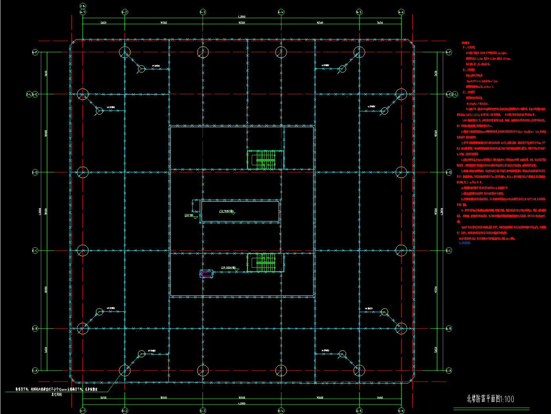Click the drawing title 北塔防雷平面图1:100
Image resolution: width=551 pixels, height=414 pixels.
pyautogui.click(x=490, y=399)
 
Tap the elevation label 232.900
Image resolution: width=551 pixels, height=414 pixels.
pyautogui.click(x=226, y=211)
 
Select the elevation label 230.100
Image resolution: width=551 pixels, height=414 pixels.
pyautogui.click(x=189, y=215)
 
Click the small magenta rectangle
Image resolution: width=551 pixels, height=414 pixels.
pyautogui.click(x=206, y=273)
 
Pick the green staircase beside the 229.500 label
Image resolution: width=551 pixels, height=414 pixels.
pyautogui.click(x=261, y=263)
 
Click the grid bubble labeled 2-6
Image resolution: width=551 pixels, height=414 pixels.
pyautogui.click(x=82, y=6)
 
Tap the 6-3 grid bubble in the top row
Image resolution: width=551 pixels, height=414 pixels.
pyautogui.click(x=203, y=12)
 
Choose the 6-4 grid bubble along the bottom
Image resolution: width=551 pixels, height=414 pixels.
pyautogui.click(x=281, y=410)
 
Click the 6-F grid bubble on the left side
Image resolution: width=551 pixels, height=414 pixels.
pyautogui.click(x=35, y=52)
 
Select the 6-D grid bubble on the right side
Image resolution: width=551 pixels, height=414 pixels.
pyautogui.click(x=449, y=172)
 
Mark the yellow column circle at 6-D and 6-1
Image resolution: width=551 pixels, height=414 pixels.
pyautogui.click(x=82, y=172)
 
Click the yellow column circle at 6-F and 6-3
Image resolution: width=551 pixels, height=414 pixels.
pyautogui.click(x=203, y=52)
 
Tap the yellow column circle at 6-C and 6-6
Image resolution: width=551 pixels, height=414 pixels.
pyautogui.click(x=401, y=250)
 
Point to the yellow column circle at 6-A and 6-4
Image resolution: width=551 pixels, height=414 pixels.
pyautogui.click(x=281, y=370)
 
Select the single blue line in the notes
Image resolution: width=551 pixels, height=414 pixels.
pyautogui.click(x=465, y=243)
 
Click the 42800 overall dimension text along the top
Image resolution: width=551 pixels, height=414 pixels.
pyautogui.click(x=241, y=17)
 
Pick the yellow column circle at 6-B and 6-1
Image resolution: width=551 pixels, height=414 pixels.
pyautogui.click(x=82, y=328)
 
